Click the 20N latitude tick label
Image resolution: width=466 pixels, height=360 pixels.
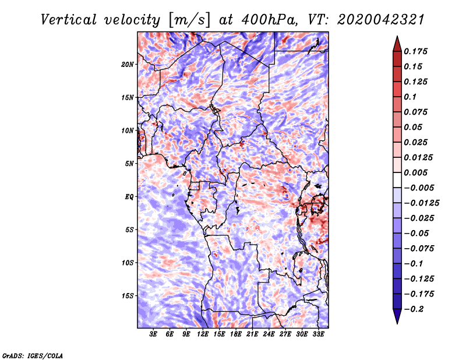128,65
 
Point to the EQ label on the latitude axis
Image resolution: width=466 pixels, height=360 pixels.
129,197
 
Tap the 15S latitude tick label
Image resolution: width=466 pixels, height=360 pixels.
128,296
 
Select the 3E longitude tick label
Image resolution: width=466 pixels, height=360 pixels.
153,334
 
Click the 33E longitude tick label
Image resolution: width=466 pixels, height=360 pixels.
318,334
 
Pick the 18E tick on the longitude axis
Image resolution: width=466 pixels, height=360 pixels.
236,334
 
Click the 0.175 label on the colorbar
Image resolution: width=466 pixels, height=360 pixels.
415,51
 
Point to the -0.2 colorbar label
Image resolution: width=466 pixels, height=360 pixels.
414,309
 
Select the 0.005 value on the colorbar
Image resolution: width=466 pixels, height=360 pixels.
415,172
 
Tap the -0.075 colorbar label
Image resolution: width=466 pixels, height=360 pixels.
419,249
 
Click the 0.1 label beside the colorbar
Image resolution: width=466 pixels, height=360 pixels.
410,97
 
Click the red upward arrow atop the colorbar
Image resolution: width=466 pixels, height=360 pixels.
397,44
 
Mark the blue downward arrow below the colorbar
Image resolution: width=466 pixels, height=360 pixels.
397,316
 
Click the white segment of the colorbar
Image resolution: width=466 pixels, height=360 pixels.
397,180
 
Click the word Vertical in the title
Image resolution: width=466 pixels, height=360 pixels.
69,20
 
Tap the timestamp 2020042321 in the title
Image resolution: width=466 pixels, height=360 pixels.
380,20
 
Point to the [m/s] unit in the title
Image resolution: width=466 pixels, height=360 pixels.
189,20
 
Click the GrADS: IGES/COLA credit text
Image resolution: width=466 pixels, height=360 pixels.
33,355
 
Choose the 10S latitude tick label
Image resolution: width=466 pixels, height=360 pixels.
128,263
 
